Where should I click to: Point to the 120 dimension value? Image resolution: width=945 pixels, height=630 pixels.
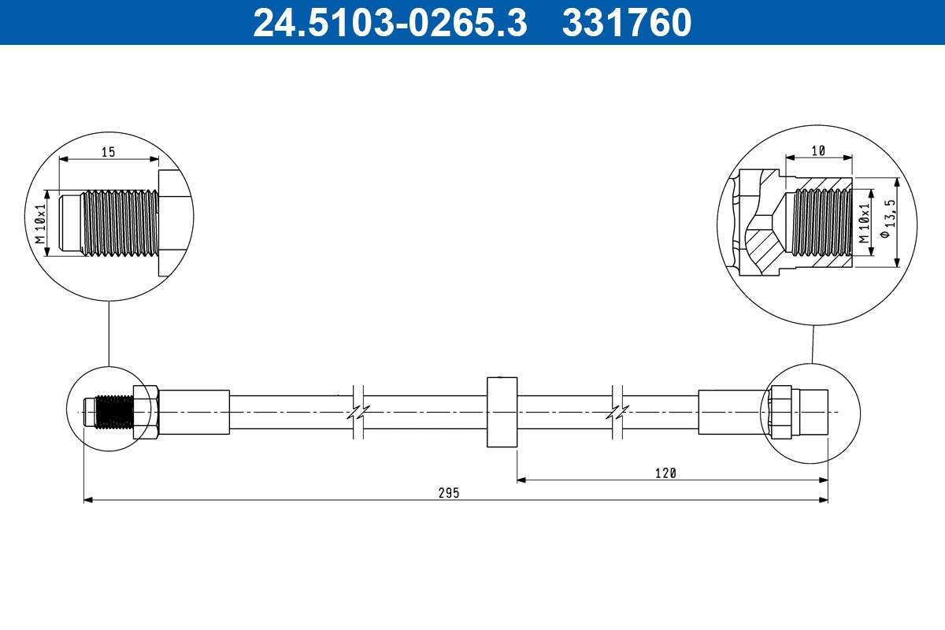point(666,472)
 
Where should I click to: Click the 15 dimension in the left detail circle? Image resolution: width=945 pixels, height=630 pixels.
point(108,152)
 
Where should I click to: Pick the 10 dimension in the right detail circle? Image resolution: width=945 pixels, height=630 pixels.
point(819,150)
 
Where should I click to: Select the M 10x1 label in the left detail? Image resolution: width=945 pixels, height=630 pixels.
point(42,222)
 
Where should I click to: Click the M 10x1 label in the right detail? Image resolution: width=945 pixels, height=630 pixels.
point(863,222)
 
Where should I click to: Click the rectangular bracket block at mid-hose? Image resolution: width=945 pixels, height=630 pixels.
point(502,413)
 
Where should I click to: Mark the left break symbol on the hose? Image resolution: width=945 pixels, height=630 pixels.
point(358,412)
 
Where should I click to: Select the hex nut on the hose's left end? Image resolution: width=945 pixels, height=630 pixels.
point(146,413)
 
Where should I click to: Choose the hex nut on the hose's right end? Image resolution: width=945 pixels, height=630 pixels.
point(780,413)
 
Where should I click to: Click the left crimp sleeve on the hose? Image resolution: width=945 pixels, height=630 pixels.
point(195,412)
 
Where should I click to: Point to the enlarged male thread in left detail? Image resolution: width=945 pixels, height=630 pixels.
point(118,222)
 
